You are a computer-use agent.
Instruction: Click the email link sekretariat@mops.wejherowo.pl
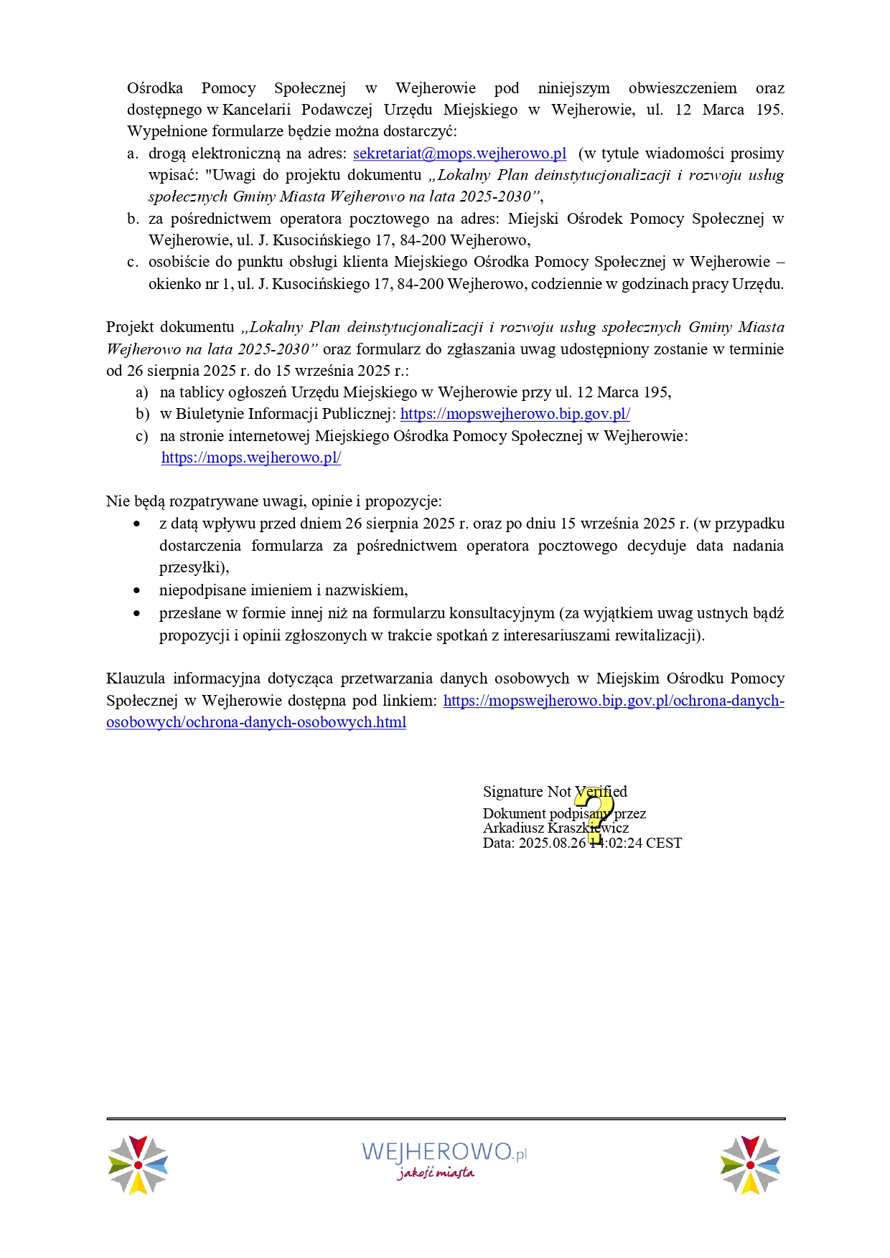(x=459, y=153)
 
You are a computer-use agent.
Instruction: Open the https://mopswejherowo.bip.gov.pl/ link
(x=515, y=414)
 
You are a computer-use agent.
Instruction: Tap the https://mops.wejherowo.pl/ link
(x=250, y=458)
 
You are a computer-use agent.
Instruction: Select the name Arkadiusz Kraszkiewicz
(x=556, y=828)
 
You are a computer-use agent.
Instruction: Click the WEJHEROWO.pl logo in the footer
(x=444, y=1152)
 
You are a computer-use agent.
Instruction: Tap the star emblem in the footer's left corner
(x=138, y=1165)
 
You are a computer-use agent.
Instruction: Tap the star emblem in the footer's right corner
(x=750, y=1165)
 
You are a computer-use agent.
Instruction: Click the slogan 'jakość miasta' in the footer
(x=436, y=1173)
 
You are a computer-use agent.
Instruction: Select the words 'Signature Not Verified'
(x=554, y=792)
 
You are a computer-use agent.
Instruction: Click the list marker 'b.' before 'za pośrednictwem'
(x=133, y=219)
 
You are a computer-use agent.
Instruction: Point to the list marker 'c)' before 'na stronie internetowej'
(x=142, y=436)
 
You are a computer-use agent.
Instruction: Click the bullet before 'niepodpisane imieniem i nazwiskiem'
(x=137, y=590)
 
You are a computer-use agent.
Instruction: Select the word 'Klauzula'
(x=135, y=678)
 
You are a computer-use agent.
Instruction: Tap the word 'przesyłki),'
(x=194, y=567)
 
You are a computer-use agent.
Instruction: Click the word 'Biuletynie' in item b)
(x=209, y=414)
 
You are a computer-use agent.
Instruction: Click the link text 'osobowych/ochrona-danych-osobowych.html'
(x=256, y=722)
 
